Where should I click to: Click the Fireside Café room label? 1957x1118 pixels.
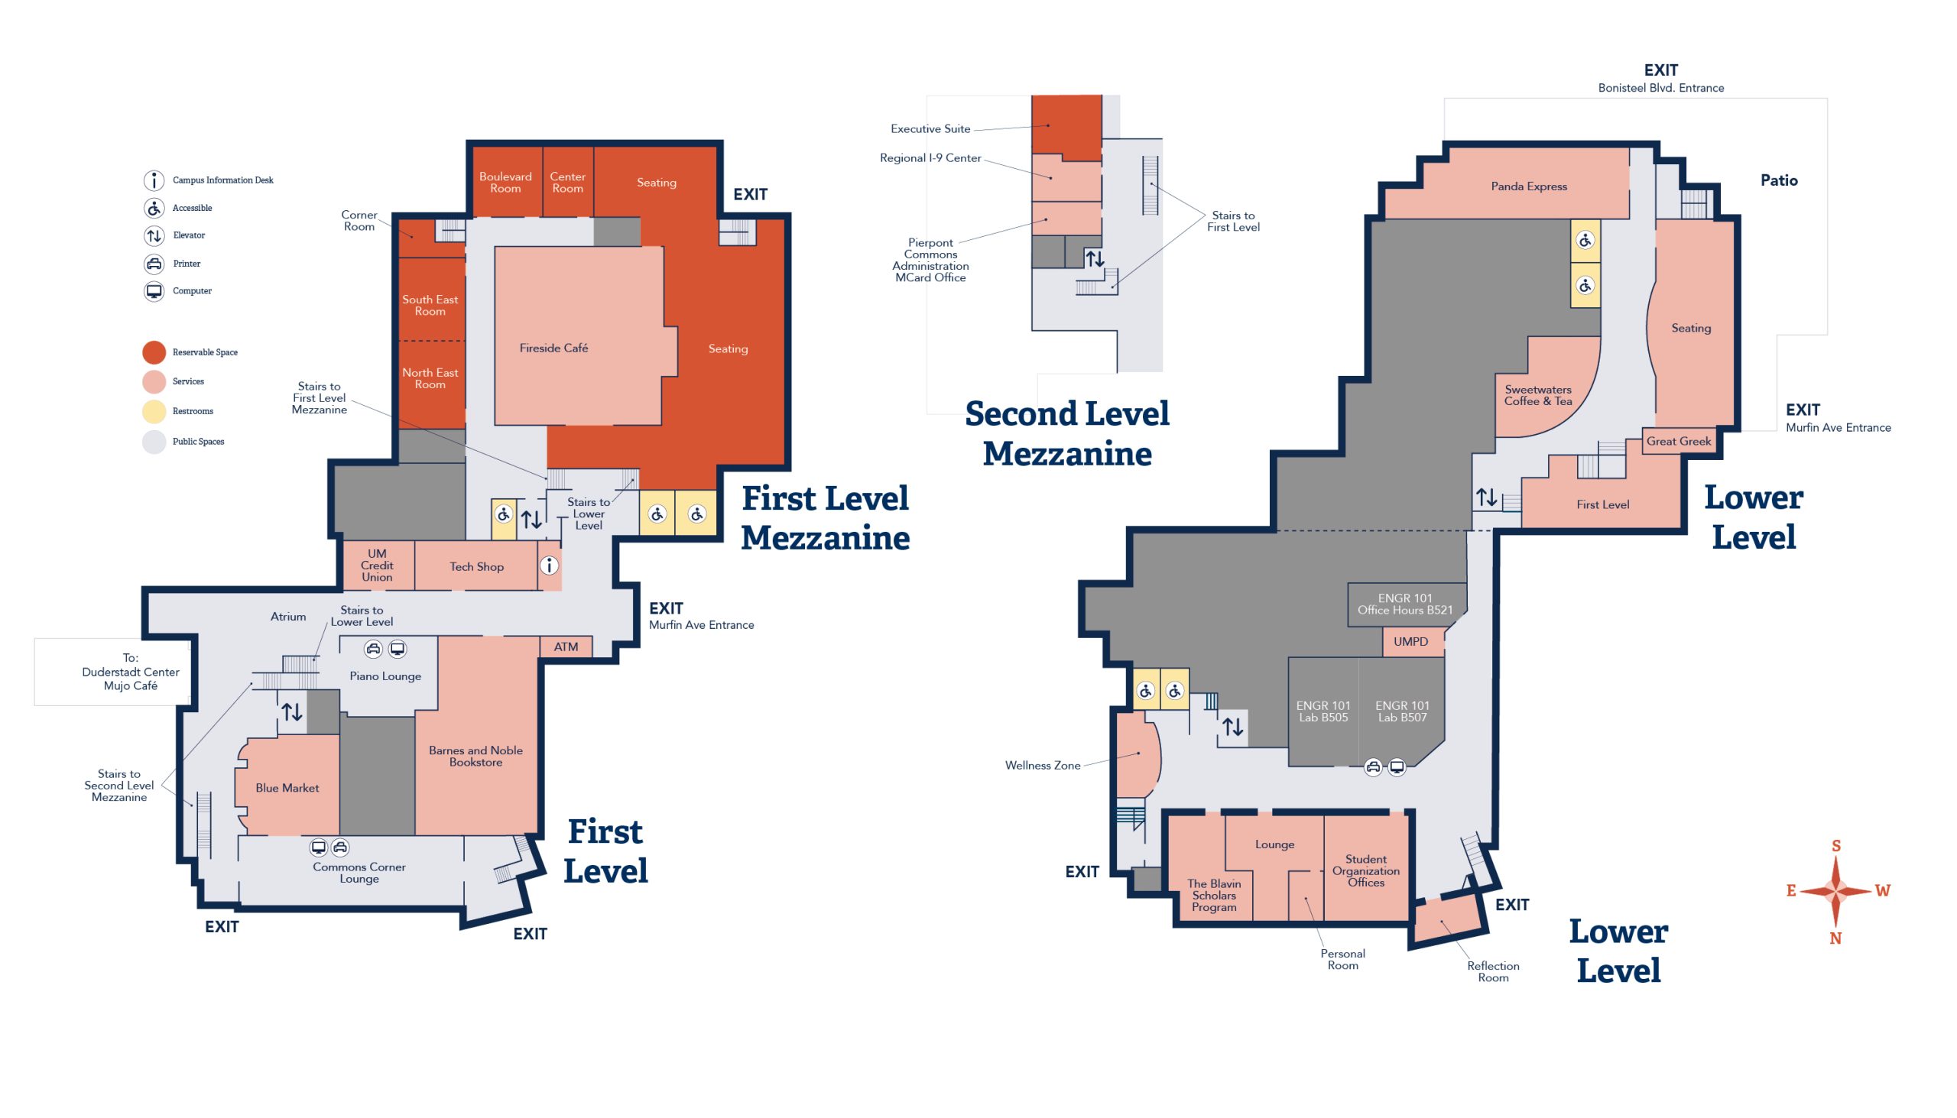553,348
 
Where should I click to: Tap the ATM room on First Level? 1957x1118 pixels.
566,646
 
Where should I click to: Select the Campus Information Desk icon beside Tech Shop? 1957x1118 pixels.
549,566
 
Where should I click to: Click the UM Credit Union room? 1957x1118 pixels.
377,565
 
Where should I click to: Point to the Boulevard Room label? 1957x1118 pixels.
505,182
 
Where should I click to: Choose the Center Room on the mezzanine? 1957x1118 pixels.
567,181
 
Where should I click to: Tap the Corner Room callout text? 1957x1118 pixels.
359,220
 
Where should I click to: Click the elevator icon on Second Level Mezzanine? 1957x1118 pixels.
1095,259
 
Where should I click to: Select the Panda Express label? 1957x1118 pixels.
1528,186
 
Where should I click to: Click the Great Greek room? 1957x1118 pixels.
1679,441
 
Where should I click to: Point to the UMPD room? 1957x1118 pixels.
1412,642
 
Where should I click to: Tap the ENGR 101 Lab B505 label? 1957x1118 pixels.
1323,711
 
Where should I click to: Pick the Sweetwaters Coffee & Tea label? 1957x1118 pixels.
1537,394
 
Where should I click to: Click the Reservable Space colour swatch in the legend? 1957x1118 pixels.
154,352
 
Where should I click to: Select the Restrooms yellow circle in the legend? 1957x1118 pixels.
154,412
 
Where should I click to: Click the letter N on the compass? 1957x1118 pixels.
1835,938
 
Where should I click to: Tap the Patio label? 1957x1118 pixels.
1779,180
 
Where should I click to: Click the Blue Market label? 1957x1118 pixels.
287,788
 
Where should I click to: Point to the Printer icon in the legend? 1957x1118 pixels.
154,264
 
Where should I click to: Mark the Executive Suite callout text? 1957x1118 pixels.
930,129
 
